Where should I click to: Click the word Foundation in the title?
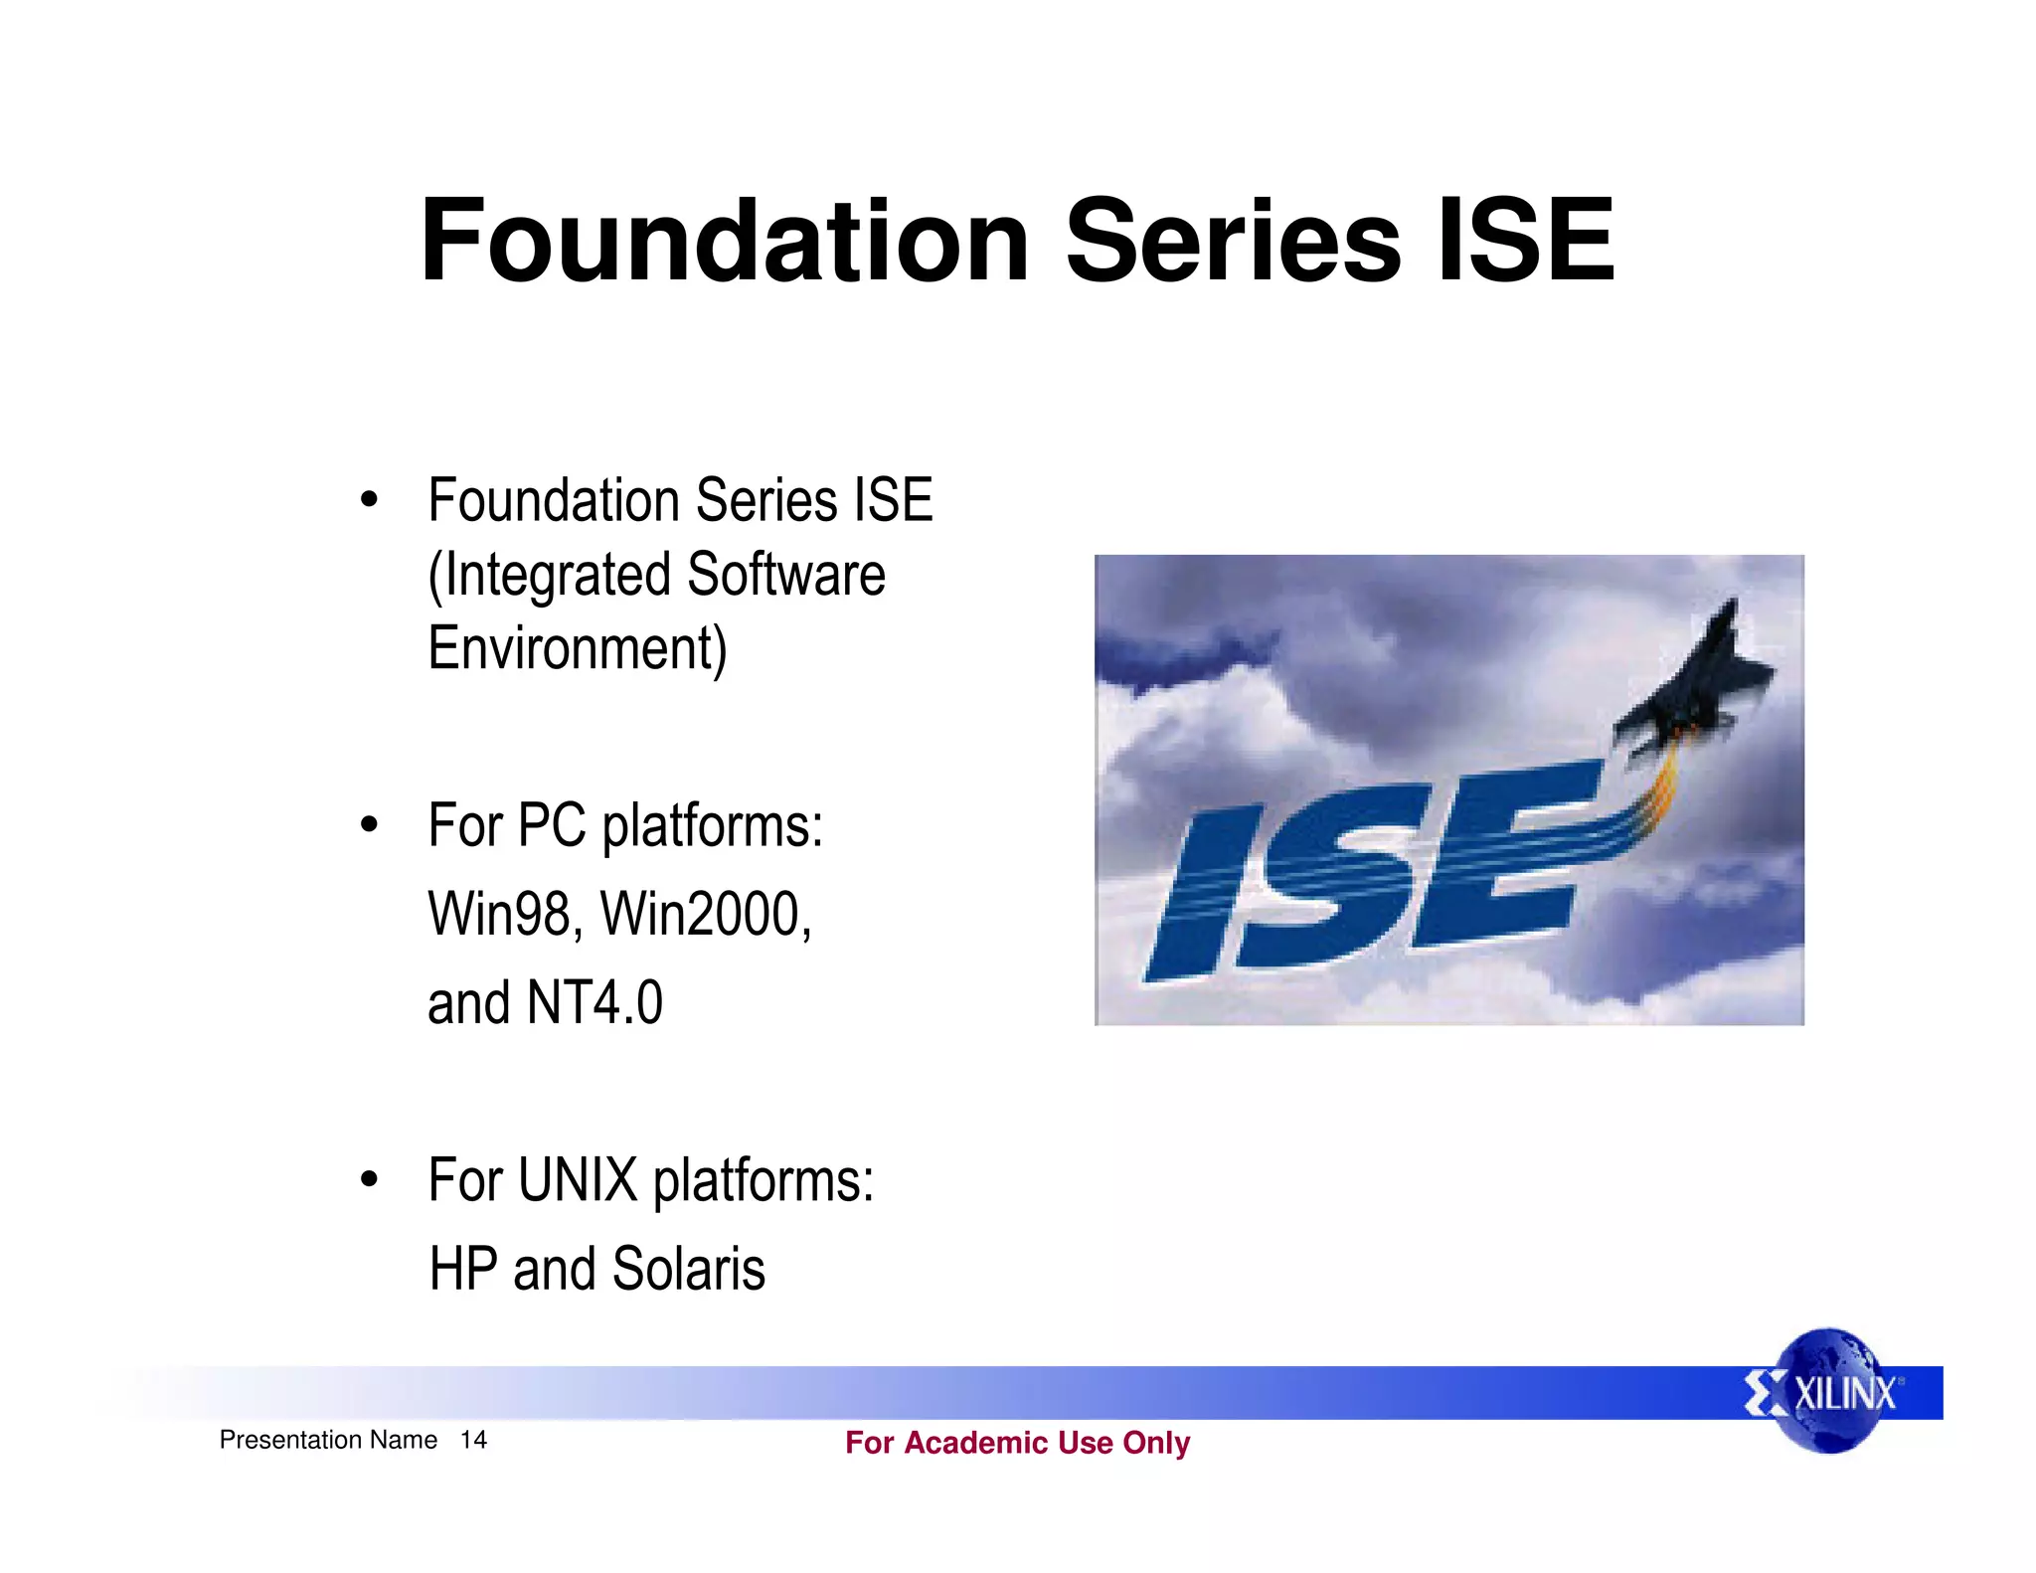click(724, 241)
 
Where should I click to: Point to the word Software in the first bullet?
click(785, 576)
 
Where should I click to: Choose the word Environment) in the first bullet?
click(577, 649)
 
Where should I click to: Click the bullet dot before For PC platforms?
click(370, 824)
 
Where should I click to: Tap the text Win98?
click(501, 915)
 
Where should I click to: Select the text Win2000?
click(704, 915)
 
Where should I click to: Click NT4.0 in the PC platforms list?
click(594, 1002)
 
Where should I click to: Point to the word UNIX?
click(578, 1180)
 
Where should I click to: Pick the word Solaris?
click(688, 1269)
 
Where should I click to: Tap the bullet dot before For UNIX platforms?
click(370, 1180)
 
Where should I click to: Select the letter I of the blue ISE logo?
click(1203, 895)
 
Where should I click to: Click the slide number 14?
click(473, 1440)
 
